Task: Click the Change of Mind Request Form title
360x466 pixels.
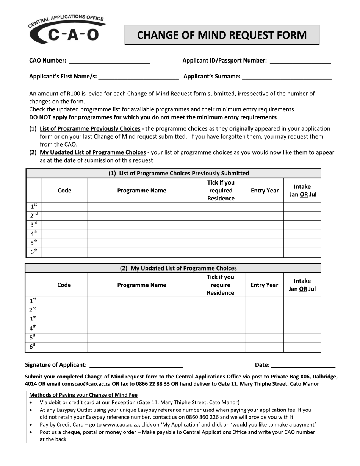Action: tap(222, 35)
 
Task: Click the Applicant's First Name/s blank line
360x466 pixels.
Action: tap(138, 77)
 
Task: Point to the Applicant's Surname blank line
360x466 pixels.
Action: tap(287, 77)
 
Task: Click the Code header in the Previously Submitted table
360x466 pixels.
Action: tap(64, 191)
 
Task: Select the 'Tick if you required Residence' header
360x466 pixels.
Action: tap(221, 191)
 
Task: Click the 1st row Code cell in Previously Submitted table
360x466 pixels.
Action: tap(64, 207)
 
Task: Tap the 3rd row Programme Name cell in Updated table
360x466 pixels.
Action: tap(142, 319)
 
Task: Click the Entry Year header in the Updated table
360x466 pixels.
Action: tap(264, 285)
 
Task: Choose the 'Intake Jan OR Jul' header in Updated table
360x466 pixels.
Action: tap(302, 285)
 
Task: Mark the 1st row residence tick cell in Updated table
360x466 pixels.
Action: tap(220, 301)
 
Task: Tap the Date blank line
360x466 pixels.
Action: tap(303, 365)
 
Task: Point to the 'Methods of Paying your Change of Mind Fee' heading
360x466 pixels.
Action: tap(83, 395)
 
